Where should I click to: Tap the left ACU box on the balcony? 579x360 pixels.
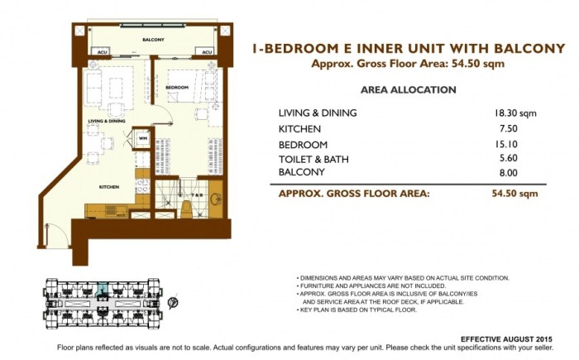[x=102, y=52]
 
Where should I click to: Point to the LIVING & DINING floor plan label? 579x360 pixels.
[x=107, y=121]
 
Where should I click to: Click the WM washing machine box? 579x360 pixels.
[x=142, y=137]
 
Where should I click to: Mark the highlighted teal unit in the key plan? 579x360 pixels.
[x=102, y=290]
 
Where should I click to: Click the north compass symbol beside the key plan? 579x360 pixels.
[x=171, y=304]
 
